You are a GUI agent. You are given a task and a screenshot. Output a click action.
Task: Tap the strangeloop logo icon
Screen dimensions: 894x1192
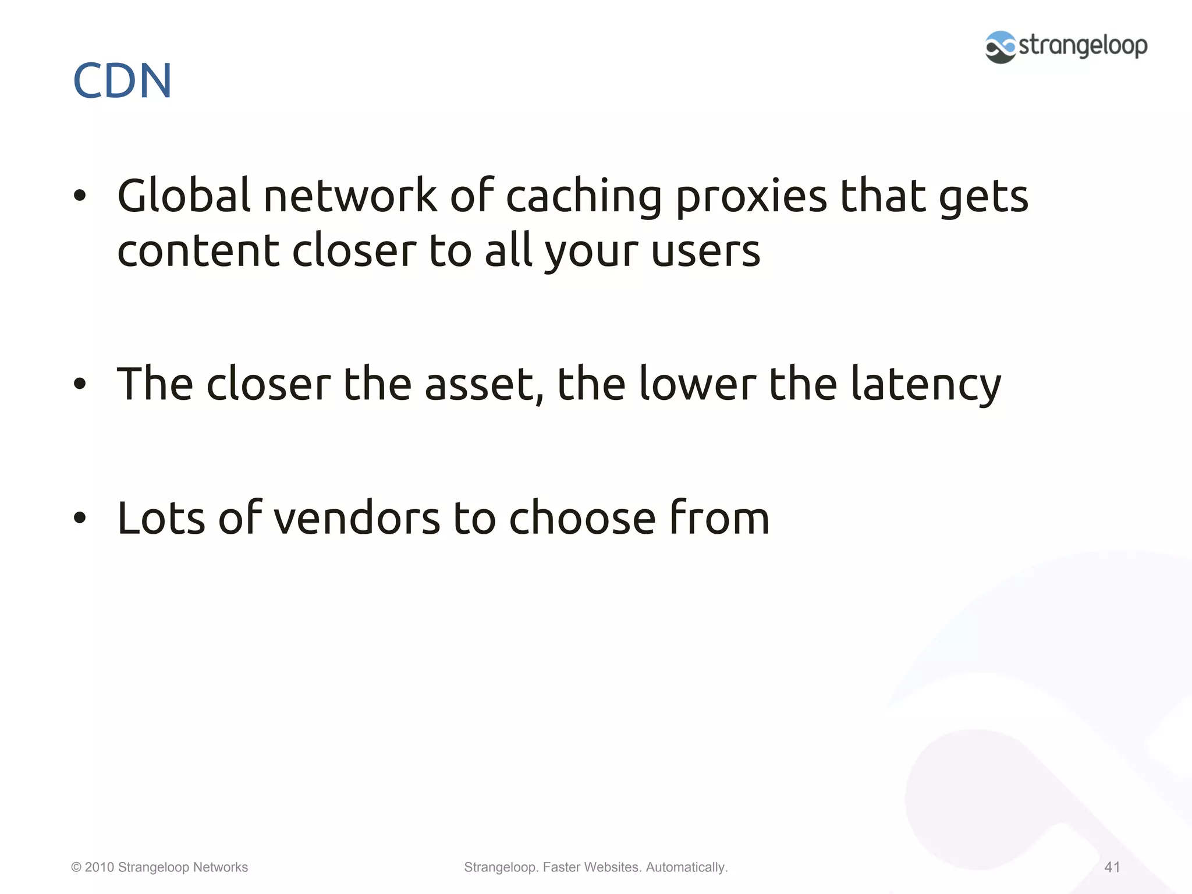pyautogui.click(x=1000, y=47)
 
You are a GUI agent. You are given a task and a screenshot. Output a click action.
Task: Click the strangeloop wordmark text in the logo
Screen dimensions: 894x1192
pyautogui.click(x=1083, y=45)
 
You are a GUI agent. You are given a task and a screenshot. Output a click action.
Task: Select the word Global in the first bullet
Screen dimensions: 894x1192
pyautogui.click(x=183, y=196)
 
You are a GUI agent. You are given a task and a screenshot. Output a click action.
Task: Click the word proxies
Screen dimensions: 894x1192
pyautogui.click(x=751, y=197)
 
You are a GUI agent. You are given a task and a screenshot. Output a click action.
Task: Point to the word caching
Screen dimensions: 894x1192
pyautogui.click(x=584, y=197)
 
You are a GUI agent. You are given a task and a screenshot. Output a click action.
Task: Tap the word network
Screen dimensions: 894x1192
pyautogui.click(x=350, y=196)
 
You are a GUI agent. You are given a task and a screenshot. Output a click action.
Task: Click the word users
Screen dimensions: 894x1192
pyautogui.click(x=705, y=252)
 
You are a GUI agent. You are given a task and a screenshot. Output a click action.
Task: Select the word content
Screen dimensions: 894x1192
pyautogui.click(x=198, y=251)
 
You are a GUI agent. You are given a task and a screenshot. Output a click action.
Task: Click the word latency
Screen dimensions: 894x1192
pyautogui.click(x=926, y=385)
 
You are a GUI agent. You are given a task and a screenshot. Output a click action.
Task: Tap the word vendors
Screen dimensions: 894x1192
pyautogui.click(x=357, y=518)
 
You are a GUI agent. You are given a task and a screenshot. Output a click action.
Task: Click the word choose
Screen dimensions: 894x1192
pyautogui.click(x=582, y=518)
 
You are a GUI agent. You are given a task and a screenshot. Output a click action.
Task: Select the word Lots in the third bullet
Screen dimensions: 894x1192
pyautogui.click(x=161, y=518)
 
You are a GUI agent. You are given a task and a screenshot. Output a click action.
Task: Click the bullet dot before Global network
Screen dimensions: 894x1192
pyautogui.click(x=80, y=196)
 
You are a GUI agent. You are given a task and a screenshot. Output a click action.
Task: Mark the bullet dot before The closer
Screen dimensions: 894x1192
pyautogui.click(x=80, y=384)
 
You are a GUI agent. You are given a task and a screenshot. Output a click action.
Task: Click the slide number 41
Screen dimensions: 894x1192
pyautogui.click(x=1112, y=867)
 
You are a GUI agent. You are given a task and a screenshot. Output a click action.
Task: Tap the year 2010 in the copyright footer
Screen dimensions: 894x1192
pyautogui.click(x=99, y=867)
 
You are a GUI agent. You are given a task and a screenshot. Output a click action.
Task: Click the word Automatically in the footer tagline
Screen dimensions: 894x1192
pyautogui.click(x=686, y=867)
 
